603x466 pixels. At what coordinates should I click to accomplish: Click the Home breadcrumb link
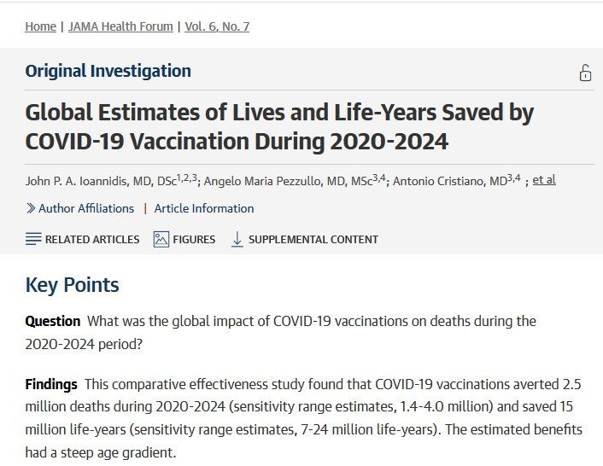40,26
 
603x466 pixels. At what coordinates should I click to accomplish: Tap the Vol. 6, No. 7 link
217,26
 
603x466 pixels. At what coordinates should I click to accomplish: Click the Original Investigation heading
108,71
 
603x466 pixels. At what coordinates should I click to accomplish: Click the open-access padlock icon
585,73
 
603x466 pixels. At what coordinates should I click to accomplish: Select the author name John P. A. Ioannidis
82,181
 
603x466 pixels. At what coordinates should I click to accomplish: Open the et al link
544,180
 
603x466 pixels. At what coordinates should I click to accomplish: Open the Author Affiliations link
86,208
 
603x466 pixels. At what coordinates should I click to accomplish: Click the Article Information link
204,208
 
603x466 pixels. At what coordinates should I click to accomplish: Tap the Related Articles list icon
33,239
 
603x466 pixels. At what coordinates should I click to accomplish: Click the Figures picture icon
161,239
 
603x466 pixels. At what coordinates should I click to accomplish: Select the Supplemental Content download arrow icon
237,239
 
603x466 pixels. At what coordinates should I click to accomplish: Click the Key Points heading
72,284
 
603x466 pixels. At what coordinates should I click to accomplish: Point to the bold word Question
53,322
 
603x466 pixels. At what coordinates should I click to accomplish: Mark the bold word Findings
51,384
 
